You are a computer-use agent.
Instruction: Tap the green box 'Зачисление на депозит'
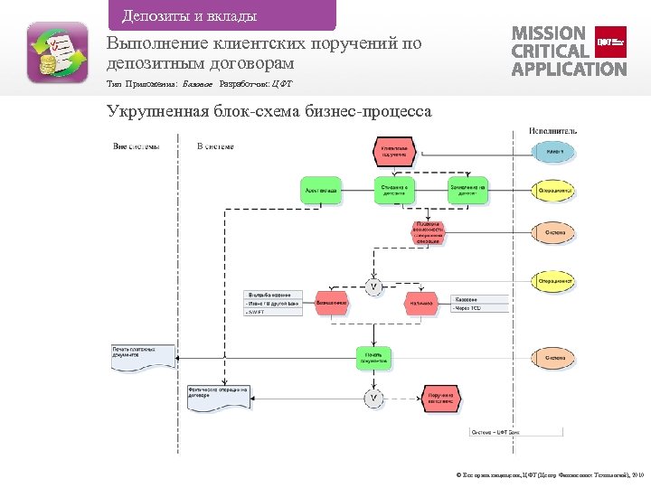(467, 191)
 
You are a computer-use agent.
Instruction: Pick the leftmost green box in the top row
(322, 191)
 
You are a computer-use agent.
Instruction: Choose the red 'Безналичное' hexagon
(331, 303)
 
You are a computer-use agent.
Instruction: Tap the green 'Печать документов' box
(373, 358)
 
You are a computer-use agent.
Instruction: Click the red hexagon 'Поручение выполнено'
(440, 398)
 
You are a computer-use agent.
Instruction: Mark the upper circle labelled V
(373, 286)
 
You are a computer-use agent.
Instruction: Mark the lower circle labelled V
(373, 398)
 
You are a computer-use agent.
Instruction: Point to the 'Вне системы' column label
(137, 146)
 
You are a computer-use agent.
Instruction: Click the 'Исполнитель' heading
(552, 131)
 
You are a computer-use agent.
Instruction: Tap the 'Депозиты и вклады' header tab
(189, 15)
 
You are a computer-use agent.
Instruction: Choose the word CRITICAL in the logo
(552, 51)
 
